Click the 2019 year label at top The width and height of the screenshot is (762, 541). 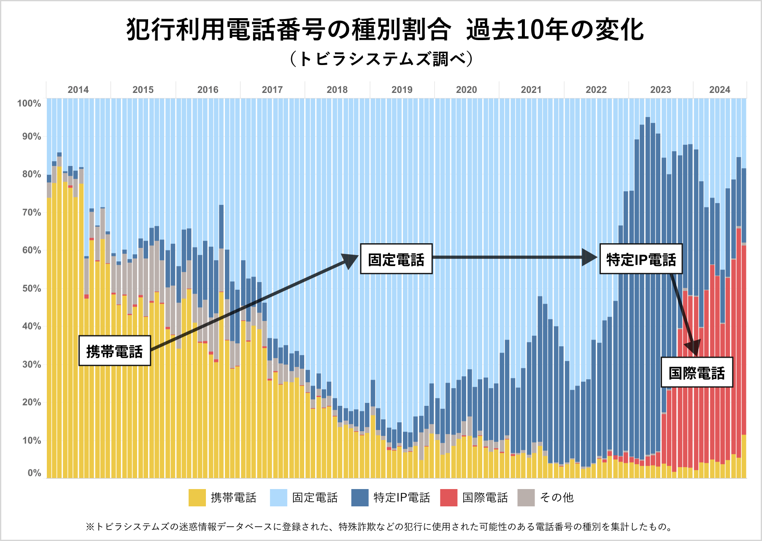402,90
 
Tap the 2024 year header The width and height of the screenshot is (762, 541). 719,90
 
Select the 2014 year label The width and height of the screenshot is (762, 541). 78,90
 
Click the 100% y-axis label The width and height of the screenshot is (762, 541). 29,103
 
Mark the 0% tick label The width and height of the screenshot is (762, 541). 34,473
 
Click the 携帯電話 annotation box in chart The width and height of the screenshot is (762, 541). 115,351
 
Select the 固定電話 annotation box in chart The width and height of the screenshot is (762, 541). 396,259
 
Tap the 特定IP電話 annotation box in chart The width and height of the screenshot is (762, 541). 641,259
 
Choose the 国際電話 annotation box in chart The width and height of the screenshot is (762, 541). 697,372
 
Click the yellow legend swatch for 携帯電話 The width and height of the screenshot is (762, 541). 197,498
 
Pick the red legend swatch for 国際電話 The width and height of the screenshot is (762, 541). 449,498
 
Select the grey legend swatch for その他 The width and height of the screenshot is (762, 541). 526,498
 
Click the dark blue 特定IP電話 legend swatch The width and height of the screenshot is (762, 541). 360,498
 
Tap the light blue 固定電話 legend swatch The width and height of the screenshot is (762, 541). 278,498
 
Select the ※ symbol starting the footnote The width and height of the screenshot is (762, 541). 90,527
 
